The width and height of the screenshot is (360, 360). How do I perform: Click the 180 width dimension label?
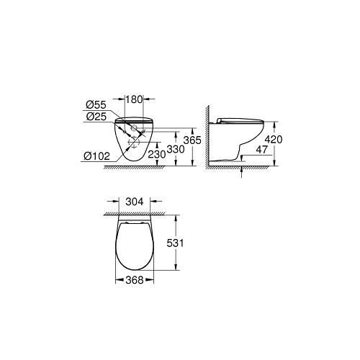click(134, 99)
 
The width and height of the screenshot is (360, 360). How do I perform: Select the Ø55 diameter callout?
click(96, 105)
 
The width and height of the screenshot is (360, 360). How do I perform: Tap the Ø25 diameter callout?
click(96, 117)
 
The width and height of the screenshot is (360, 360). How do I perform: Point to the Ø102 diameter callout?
click(97, 156)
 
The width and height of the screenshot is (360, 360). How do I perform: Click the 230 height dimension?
click(157, 154)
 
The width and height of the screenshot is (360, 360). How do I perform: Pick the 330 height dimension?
click(176, 149)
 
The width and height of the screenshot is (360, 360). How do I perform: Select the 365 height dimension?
click(192, 140)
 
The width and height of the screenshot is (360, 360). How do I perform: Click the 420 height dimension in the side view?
click(274, 140)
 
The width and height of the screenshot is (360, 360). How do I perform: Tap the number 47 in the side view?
click(261, 150)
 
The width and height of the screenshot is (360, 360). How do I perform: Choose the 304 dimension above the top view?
click(135, 202)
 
